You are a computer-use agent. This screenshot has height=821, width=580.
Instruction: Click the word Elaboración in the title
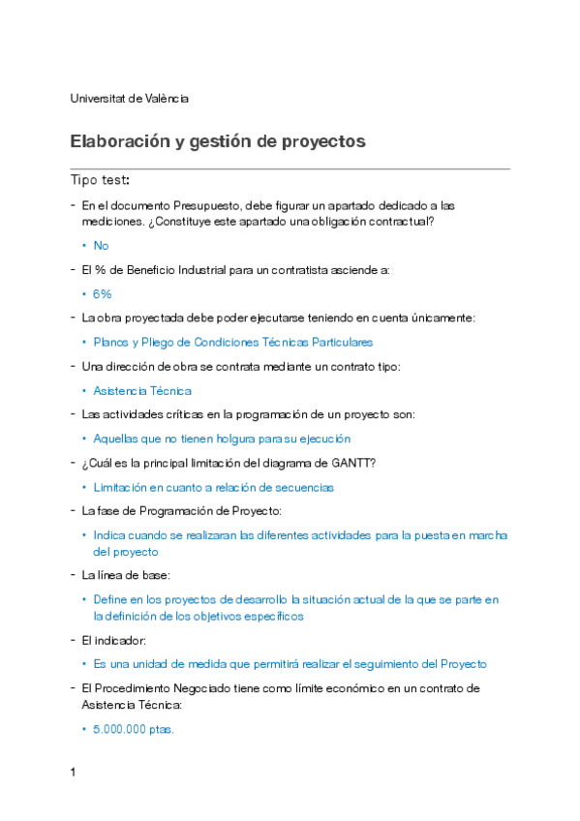click(121, 141)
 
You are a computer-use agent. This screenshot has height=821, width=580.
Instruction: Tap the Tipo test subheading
click(100, 180)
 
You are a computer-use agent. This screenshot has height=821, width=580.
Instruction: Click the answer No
click(101, 246)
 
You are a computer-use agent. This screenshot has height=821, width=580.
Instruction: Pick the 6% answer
click(103, 294)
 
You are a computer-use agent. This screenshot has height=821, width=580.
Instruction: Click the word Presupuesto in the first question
click(207, 205)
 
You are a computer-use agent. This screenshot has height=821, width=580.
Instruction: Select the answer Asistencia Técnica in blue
click(142, 391)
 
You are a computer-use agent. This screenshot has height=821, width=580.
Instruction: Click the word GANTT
click(354, 463)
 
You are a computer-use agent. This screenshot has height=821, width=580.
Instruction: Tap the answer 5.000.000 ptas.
click(134, 729)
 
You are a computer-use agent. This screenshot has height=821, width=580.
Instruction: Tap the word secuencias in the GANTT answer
click(305, 488)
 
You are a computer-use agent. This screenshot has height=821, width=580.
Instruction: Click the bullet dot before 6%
click(85, 294)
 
